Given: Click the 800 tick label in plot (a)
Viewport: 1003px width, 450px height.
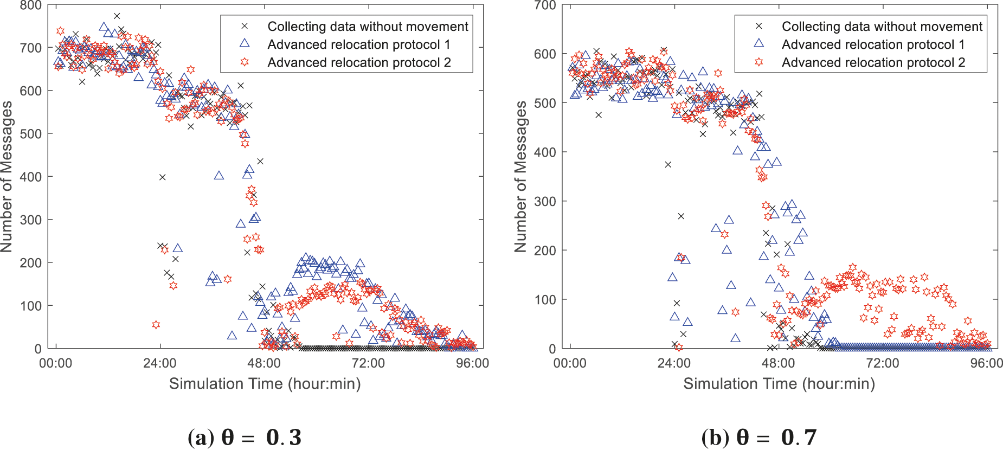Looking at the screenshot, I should click(30, 6).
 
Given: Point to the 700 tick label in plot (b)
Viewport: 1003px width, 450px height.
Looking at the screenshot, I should click(545, 6).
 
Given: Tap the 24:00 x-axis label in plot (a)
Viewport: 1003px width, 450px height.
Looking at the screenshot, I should click(159, 363).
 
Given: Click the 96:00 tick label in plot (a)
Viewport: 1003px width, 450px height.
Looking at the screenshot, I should click(472, 363).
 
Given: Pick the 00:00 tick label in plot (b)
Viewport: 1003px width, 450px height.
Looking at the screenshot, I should click(569, 363).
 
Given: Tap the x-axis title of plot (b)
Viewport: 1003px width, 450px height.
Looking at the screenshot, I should click(779, 384).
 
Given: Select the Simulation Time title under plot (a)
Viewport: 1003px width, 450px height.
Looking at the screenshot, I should click(265, 384).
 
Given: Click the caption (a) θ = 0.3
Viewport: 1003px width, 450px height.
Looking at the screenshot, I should click(244, 437).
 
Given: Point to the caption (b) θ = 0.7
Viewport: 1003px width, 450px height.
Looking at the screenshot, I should click(758, 437).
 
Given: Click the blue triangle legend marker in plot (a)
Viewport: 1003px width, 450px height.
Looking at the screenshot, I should click(245, 43).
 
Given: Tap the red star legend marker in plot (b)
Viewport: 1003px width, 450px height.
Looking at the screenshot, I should click(758, 62).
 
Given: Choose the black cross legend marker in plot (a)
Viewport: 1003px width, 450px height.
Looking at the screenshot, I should click(245, 26).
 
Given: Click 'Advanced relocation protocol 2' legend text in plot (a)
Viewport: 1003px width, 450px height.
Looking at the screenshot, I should click(359, 62).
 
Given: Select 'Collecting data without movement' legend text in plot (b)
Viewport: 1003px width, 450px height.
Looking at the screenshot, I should click(882, 27).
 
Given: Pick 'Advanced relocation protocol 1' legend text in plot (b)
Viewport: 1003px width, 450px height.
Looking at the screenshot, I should click(873, 44).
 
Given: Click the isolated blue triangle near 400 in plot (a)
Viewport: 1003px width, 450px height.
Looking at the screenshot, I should click(219, 175).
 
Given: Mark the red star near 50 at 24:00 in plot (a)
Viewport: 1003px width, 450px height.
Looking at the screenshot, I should click(156, 325).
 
